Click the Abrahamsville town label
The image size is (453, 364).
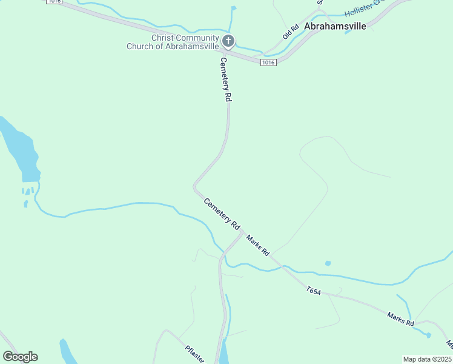click(x=335, y=27)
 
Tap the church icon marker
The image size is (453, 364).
click(x=228, y=41)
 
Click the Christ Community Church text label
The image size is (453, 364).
click(x=172, y=42)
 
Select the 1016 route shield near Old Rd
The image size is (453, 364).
click(x=268, y=62)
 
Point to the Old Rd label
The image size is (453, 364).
click(x=291, y=32)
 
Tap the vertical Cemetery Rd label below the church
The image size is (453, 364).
click(x=225, y=79)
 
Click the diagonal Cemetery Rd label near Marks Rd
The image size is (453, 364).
click(x=222, y=214)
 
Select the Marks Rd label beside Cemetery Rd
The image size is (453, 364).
click(x=257, y=243)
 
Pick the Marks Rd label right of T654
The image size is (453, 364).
click(x=401, y=318)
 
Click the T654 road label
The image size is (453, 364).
click(x=313, y=291)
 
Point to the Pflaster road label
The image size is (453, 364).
click(x=196, y=352)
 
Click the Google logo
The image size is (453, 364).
click(x=20, y=357)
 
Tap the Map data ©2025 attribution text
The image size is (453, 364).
click(x=427, y=359)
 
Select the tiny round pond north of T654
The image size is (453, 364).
click(x=328, y=263)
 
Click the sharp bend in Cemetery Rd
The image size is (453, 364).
click(x=195, y=185)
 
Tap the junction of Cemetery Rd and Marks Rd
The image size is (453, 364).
click(x=242, y=233)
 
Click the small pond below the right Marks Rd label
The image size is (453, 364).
click(x=428, y=335)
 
